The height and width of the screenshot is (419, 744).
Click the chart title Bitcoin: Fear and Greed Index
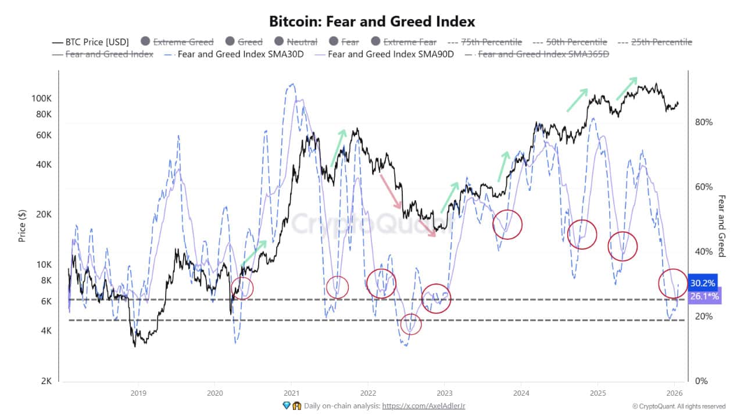[x=372, y=22]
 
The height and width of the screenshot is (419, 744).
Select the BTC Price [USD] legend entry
[x=90, y=42]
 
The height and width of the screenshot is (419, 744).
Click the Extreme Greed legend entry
[x=182, y=42]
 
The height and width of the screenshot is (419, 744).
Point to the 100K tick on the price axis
[x=42, y=98]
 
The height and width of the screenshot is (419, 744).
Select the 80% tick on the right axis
[x=703, y=122]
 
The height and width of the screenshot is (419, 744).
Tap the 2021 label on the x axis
[x=291, y=392]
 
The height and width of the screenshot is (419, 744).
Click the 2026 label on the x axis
[x=674, y=392]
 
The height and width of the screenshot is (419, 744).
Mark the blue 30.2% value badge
[x=702, y=283]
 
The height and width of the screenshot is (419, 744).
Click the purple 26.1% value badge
[x=704, y=296]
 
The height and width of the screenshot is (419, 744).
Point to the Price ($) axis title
[x=22, y=225]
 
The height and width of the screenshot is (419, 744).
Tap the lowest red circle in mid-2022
[x=410, y=324]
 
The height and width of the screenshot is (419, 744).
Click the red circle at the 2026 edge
[x=673, y=283]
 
